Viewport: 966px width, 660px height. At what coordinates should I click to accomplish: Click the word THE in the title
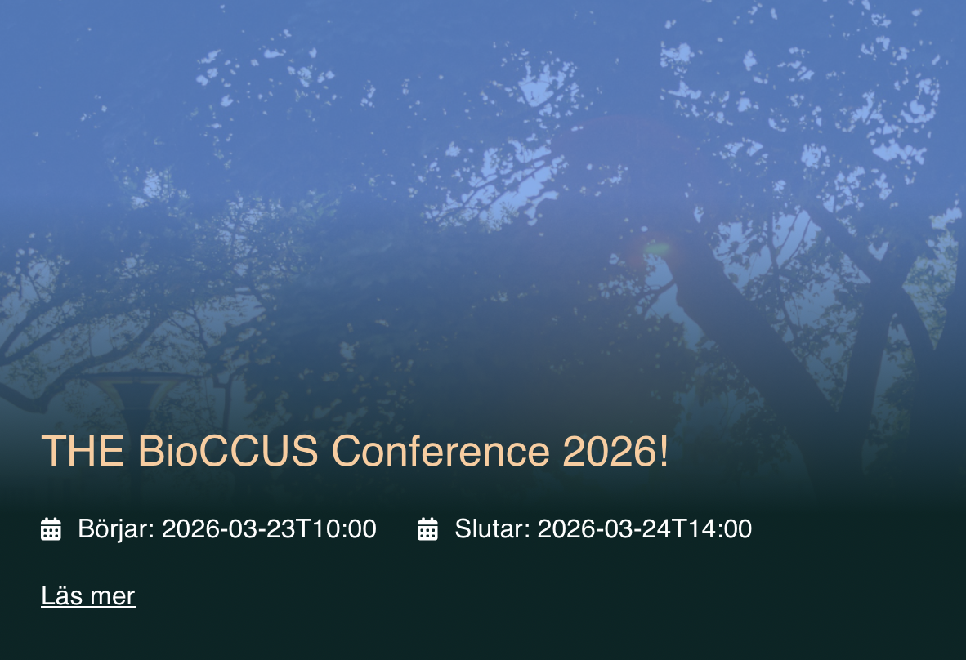click(x=83, y=450)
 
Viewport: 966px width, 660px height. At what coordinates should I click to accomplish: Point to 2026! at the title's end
click(x=615, y=450)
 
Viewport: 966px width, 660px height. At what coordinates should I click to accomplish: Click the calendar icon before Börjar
click(x=51, y=529)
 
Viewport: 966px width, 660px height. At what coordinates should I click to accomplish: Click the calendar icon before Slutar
click(x=427, y=529)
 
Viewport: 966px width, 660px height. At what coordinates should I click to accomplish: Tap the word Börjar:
click(x=116, y=529)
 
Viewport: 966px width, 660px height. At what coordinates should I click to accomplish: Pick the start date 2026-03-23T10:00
click(x=269, y=529)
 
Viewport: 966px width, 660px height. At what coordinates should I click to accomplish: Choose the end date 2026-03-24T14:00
click(x=644, y=529)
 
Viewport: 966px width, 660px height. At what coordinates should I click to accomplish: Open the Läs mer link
click(x=88, y=595)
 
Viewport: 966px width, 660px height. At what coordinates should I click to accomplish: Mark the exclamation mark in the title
click(x=663, y=450)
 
